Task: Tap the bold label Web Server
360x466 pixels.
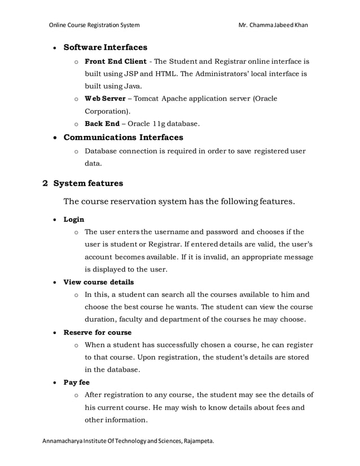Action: [x=105, y=99]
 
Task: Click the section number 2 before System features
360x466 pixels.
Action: [x=46, y=183]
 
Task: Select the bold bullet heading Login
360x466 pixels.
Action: [x=73, y=219]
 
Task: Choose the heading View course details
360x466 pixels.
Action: [x=98, y=282]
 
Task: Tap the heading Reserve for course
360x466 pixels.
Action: [x=97, y=332]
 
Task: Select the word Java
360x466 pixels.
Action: [x=131, y=86]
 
